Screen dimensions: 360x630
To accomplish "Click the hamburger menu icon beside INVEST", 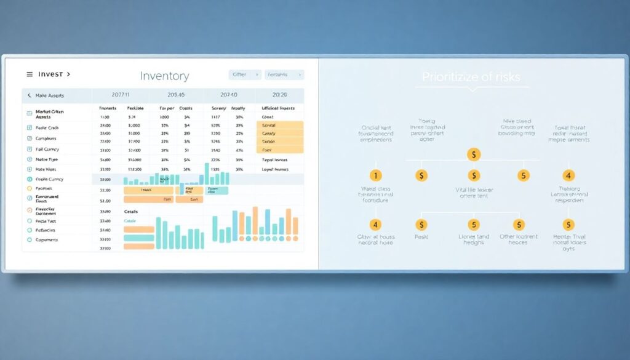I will tap(30, 74).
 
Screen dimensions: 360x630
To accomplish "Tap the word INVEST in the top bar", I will tap(50, 74).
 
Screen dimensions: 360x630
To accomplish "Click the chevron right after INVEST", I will tap(68, 74).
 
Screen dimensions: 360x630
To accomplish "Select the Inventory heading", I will tap(164, 76).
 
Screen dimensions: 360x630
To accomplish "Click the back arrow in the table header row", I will tap(29, 95).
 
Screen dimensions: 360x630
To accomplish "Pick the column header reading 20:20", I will tap(279, 95).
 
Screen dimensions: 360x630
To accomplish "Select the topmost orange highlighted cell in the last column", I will tap(279, 125).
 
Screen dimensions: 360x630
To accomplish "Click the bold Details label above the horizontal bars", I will tap(131, 212).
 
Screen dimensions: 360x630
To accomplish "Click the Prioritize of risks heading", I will tap(471, 77).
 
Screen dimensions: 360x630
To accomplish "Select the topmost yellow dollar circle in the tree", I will tap(473, 154).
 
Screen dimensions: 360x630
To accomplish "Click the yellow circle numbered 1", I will tap(375, 175).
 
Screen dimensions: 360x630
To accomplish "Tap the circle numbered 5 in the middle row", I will tap(523, 175).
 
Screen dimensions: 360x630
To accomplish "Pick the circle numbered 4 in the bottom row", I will tap(375, 225).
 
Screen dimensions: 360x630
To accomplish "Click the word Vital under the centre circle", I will tap(462, 190).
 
